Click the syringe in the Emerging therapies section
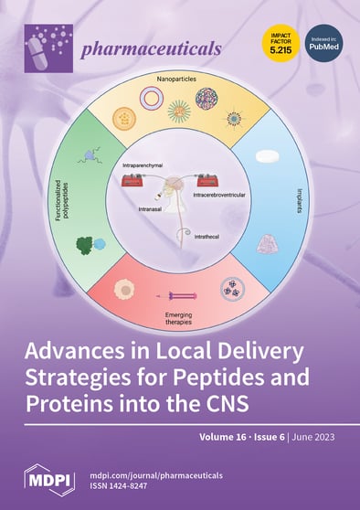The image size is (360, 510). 180,296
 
